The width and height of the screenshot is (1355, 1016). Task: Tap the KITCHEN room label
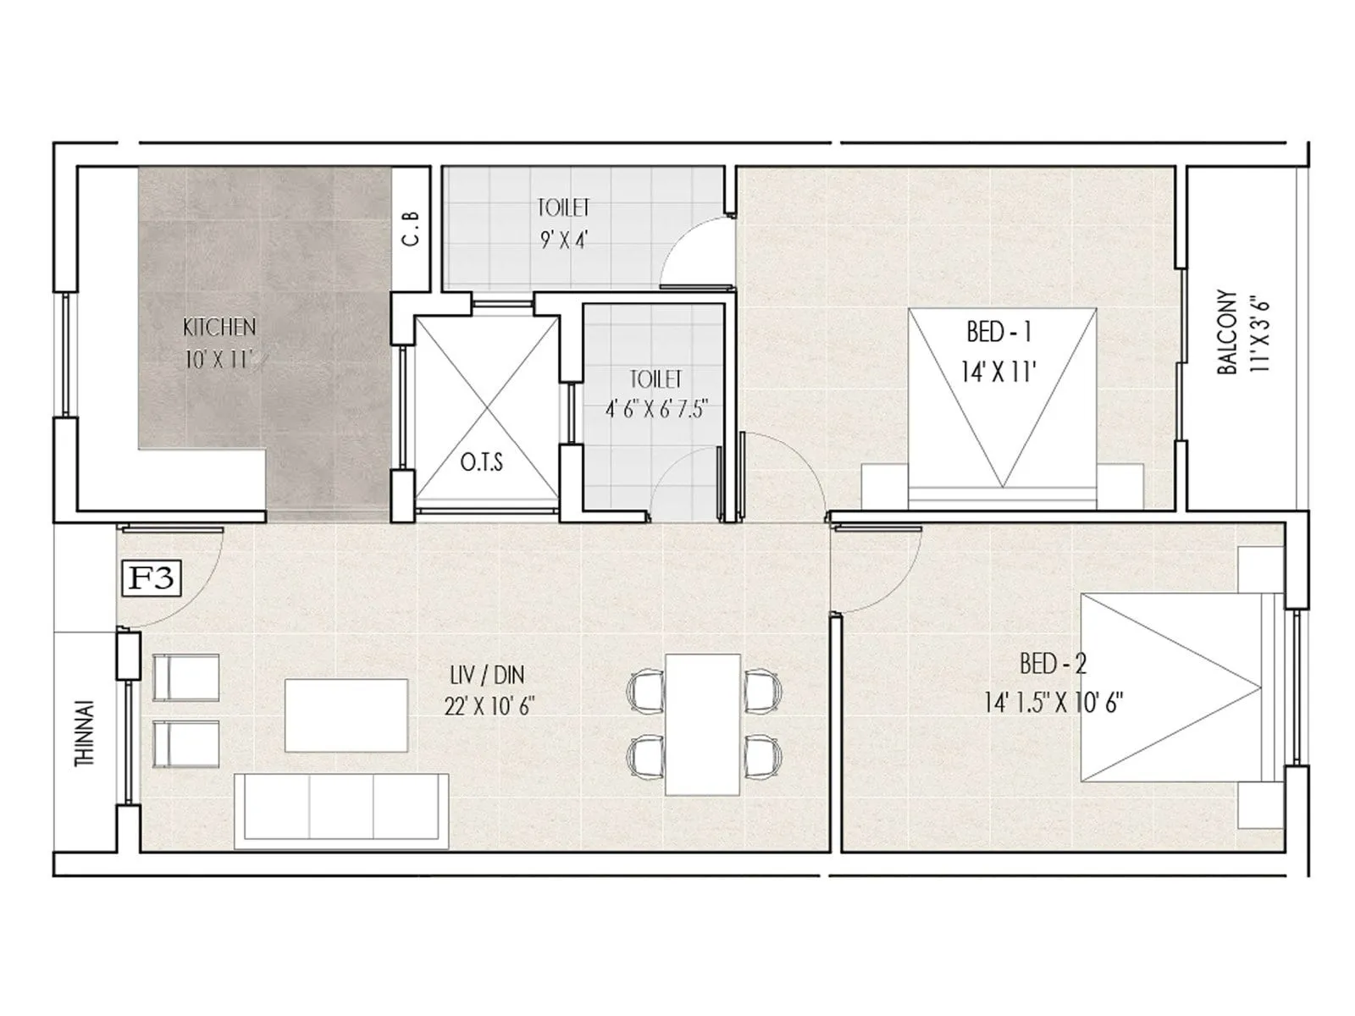pyautogui.click(x=219, y=327)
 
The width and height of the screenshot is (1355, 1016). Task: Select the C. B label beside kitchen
pyautogui.click(x=412, y=228)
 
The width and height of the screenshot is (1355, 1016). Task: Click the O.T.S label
pyautogui.click(x=481, y=462)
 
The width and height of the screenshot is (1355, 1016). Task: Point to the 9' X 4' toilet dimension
pyautogui.click(x=564, y=240)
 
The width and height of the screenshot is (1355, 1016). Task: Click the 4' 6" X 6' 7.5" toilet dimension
pyautogui.click(x=656, y=410)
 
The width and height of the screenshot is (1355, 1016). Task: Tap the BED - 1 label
pyautogui.click(x=999, y=332)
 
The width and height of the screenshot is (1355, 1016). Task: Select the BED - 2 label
pyautogui.click(x=1053, y=664)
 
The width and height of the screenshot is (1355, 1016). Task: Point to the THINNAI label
pyautogui.click(x=85, y=733)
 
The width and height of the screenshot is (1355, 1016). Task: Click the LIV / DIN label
pyautogui.click(x=487, y=675)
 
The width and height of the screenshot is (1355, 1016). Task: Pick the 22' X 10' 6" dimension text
pyautogui.click(x=489, y=705)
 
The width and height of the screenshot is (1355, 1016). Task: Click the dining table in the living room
pyautogui.click(x=702, y=724)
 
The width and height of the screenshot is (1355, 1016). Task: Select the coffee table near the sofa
pyautogui.click(x=346, y=714)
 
